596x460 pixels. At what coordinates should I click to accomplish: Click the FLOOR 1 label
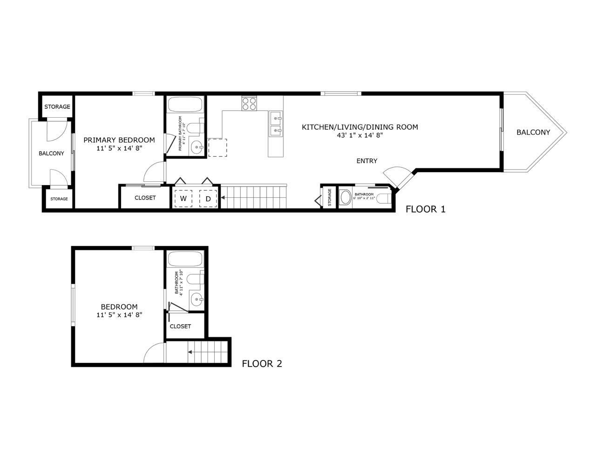[425, 209]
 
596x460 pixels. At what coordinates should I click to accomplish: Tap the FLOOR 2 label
[262, 364]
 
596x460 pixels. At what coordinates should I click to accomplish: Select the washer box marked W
[183, 199]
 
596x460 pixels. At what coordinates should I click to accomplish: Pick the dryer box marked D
[209, 199]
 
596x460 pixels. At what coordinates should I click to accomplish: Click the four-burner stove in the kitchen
[249, 103]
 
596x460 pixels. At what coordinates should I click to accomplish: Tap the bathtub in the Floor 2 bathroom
[185, 259]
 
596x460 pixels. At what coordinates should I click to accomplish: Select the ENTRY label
[367, 161]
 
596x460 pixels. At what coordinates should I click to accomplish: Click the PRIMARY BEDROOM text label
[119, 140]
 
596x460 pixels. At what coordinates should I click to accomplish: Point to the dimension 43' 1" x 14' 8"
[360, 135]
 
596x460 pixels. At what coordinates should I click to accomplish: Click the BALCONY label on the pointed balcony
[533, 132]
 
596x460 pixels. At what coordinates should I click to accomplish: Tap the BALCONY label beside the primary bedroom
[51, 153]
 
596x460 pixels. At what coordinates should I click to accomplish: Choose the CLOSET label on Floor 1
[145, 198]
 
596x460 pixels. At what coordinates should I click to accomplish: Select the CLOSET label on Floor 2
[180, 326]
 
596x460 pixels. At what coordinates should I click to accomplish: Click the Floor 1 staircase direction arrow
[223, 198]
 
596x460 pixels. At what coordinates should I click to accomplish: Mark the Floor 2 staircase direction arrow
[190, 352]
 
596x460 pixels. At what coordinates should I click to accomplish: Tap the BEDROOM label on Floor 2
[119, 307]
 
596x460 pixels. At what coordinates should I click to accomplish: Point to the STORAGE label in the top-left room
[57, 107]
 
